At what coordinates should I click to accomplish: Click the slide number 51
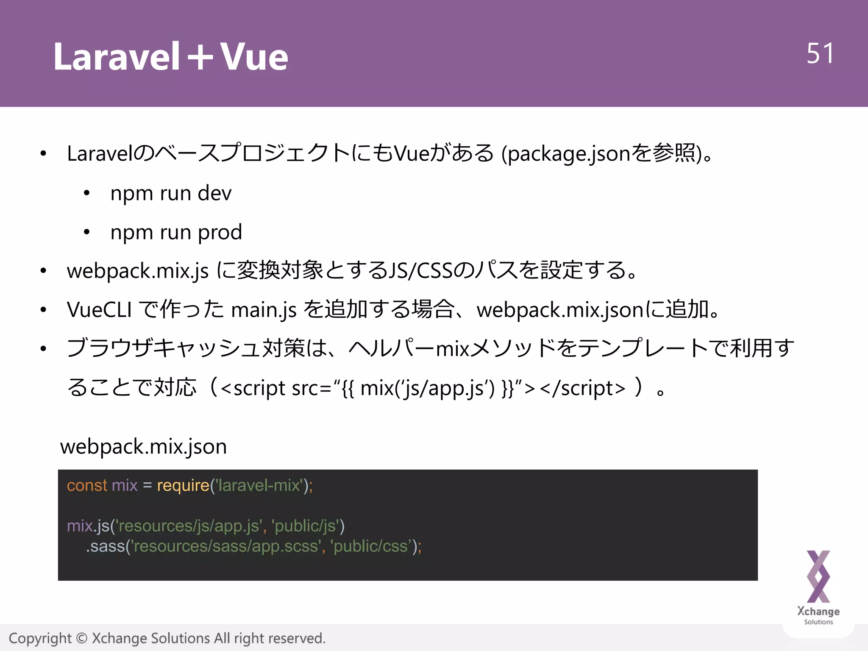[x=820, y=54]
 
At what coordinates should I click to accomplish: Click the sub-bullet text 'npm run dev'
[x=171, y=193]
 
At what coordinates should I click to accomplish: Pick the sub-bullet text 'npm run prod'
[x=176, y=232]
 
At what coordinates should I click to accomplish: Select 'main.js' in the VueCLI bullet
[x=264, y=310]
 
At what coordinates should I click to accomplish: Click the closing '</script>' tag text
[x=583, y=388]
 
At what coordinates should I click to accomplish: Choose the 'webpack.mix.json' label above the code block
[x=143, y=447]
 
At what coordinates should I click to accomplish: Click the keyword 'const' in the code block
[x=87, y=485]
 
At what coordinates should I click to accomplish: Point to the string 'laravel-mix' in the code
[x=259, y=485]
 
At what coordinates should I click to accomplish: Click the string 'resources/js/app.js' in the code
[x=188, y=526]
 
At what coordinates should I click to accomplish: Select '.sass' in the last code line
[x=105, y=546]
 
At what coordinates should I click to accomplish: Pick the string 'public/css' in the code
[x=370, y=546]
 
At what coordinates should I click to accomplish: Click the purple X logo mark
[x=818, y=576]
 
